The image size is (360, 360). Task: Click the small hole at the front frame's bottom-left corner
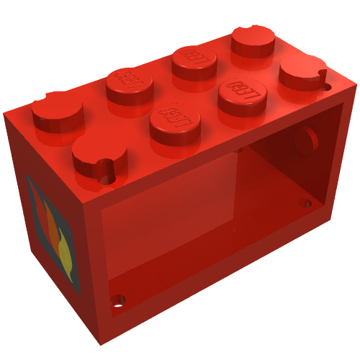click(x=117, y=300)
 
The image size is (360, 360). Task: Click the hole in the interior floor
click(x=305, y=203)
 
